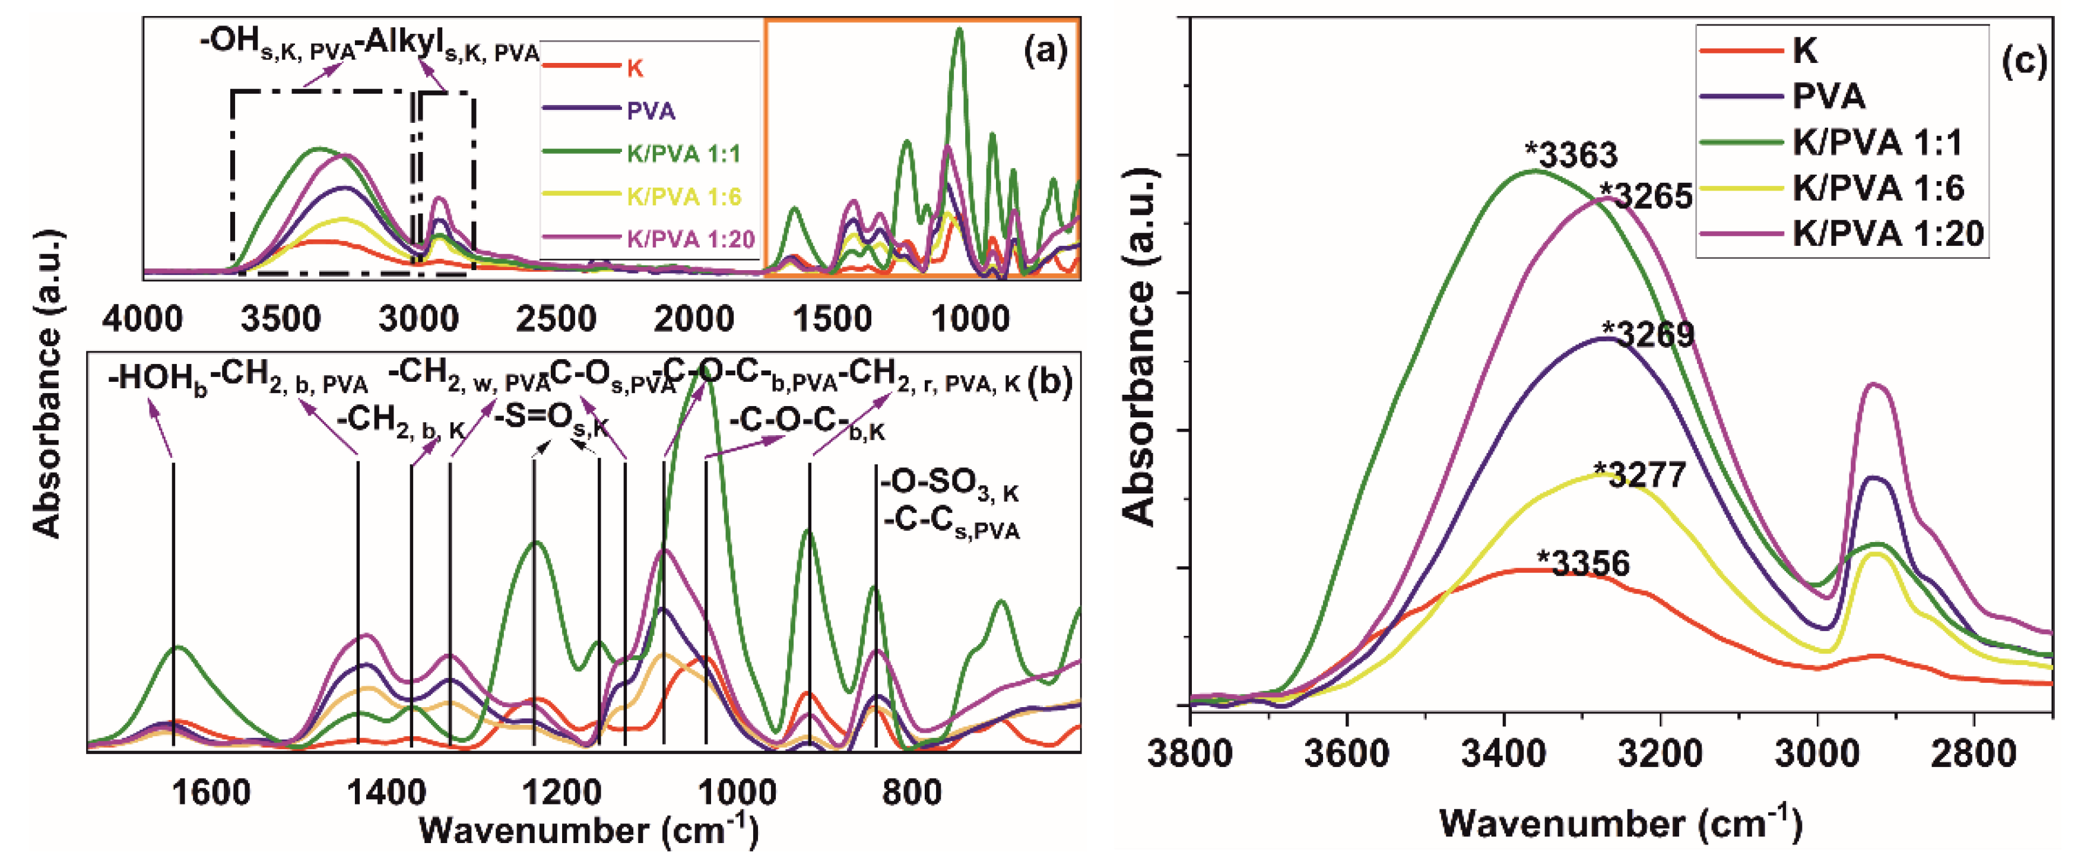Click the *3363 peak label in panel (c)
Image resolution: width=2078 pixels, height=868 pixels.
tap(1571, 155)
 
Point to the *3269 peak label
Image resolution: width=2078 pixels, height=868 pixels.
tap(1648, 334)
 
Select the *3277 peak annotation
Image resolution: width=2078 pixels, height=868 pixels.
tap(1640, 474)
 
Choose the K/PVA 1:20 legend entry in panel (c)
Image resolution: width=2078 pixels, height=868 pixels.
tap(1887, 234)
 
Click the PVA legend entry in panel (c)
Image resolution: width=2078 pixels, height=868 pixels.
tap(1828, 97)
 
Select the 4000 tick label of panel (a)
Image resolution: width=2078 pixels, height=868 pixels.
tap(142, 319)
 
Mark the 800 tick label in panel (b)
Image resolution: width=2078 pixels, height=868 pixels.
tap(912, 794)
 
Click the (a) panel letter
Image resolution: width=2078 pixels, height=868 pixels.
tap(1045, 52)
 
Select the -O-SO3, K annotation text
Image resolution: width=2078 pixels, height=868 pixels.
tap(950, 485)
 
